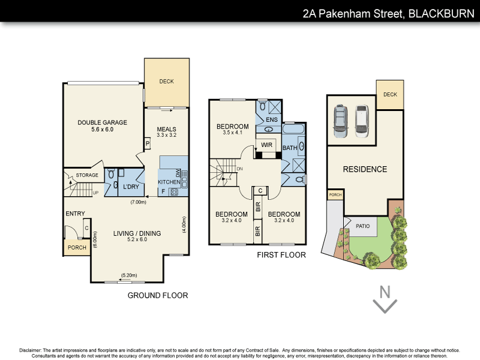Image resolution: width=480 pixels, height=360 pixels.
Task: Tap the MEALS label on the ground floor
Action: coord(166,129)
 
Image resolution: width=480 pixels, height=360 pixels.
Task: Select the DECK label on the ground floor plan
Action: coord(166,82)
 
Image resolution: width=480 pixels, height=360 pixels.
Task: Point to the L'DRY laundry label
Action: coord(131,187)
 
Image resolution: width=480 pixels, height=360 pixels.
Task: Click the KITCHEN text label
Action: coord(169,182)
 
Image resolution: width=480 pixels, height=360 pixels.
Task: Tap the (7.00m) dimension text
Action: coord(139,202)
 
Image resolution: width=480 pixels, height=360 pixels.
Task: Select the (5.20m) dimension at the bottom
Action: coord(128,275)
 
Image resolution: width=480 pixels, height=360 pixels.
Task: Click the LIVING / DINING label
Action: coord(137,233)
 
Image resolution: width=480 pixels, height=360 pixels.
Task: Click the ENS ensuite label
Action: coord(271,120)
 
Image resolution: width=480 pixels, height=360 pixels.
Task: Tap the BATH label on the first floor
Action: coord(290,147)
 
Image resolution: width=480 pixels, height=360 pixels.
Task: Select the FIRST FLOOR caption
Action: coord(282,255)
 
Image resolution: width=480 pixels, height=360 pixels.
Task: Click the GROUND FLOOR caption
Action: coord(158,295)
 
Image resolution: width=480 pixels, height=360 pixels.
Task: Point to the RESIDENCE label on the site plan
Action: coord(365,169)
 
